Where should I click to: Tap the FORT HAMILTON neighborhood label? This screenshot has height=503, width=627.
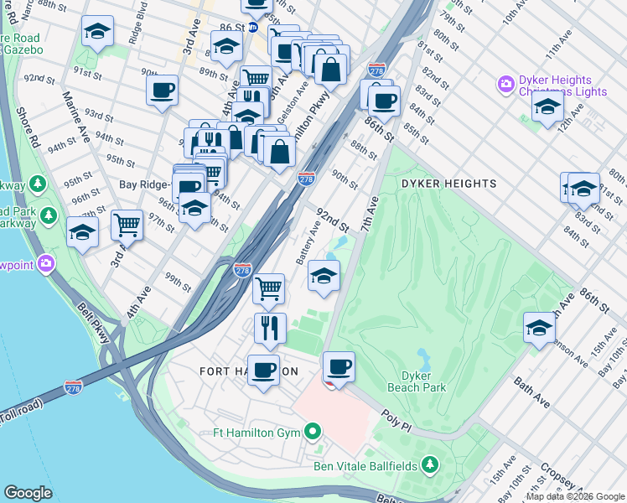pyautogui.click(x=248, y=371)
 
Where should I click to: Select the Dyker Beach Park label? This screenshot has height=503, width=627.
pyautogui.click(x=417, y=381)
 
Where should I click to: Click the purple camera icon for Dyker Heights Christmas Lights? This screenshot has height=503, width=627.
pyautogui.click(x=505, y=84)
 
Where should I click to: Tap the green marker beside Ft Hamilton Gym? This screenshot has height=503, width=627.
pyautogui.click(x=313, y=433)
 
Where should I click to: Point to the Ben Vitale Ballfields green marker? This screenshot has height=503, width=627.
pyautogui.click(x=430, y=464)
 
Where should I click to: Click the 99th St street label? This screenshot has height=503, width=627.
pyautogui.click(x=178, y=282)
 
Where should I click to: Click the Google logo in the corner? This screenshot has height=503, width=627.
pyautogui.click(x=28, y=492)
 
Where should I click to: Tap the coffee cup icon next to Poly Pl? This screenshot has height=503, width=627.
pyautogui.click(x=339, y=366)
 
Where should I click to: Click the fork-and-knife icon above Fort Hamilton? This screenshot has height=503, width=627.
pyautogui.click(x=270, y=329)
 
